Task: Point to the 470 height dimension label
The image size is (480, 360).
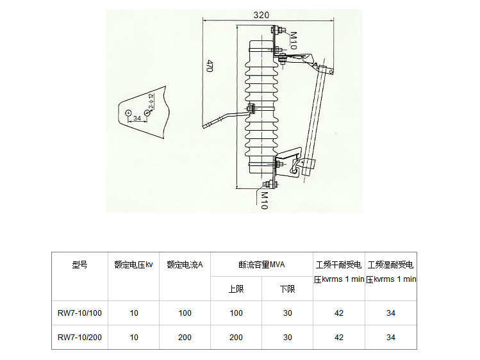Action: point(209,65)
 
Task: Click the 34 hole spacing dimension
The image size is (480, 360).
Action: point(137,118)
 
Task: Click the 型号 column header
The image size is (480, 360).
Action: point(79,264)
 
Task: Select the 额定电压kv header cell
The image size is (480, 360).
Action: point(133,264)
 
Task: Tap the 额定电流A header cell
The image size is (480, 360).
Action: point(185,264)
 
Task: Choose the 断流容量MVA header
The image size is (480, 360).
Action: point(261,264)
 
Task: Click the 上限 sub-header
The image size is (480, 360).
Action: point(236,289)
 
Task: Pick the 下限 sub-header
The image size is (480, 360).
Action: point(288,289)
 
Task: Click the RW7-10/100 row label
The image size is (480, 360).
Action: point(79,313)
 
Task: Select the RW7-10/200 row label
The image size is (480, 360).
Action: point(79,337)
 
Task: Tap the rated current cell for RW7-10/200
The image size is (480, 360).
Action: point(185,337)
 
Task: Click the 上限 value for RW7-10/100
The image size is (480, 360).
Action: point(236,313)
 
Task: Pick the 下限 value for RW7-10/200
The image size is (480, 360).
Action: point(288,337)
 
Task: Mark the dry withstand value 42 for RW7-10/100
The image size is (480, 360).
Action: point(339,313)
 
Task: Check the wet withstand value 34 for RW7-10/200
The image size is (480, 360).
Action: point(391,337)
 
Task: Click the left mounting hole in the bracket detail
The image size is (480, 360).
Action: point(129,113)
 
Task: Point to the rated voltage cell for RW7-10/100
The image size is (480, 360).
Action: point(133,313)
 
